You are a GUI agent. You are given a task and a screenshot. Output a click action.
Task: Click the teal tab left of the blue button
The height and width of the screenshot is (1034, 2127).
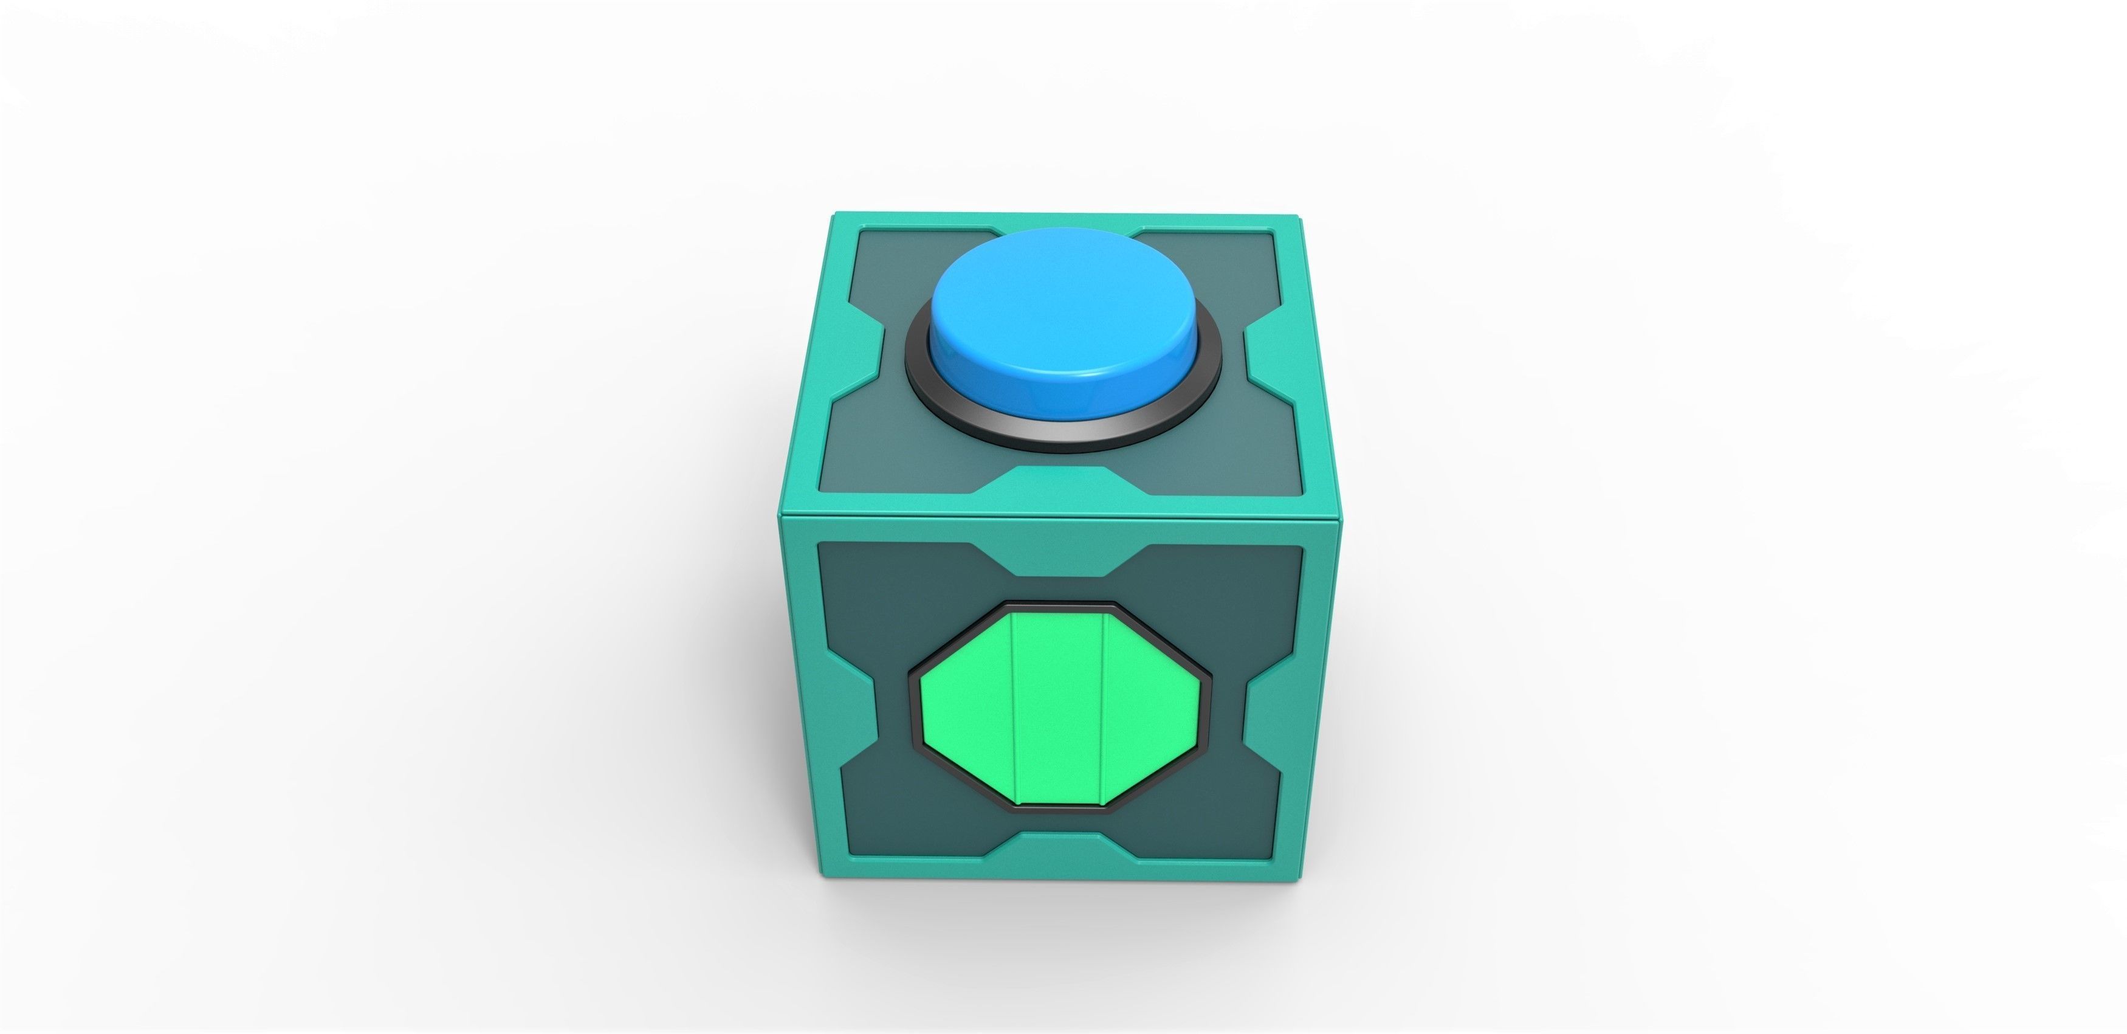[x=854, y=355]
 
